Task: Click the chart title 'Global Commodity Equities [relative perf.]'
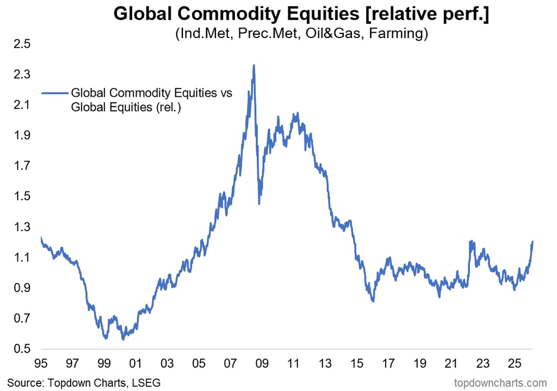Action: tap(301, 14)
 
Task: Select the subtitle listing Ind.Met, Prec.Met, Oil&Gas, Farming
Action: tap(301, 34)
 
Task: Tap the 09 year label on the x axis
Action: tap(262, 363)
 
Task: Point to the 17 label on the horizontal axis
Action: tap(388, 363)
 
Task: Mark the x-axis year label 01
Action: tap(135, 363)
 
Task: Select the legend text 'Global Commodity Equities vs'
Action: tap(152, 93)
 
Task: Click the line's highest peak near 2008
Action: tap(253, 65)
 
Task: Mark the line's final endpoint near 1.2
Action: tap(533, 241)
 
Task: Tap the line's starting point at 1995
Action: tap(41, 237)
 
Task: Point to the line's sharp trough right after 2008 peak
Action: tap(259, 203)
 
